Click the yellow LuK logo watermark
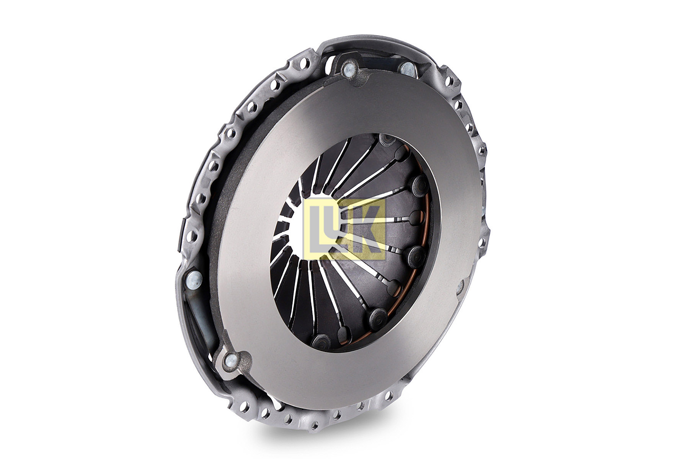(344, 229)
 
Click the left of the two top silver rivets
(349, 69)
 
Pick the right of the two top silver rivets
(407, 69)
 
